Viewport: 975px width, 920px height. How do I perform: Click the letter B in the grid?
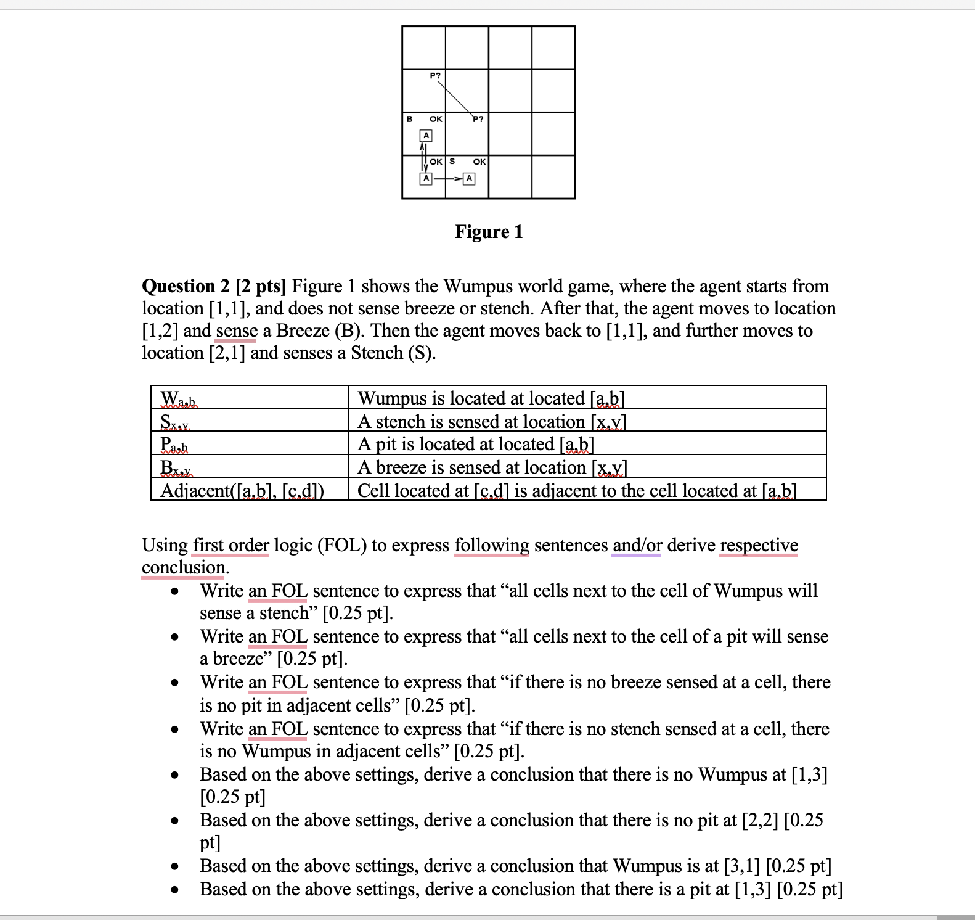point(409,119)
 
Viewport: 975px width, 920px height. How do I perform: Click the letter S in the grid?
point(452,162)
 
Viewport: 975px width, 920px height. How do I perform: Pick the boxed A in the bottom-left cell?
point(425,179)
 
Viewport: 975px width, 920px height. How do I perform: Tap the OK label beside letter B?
point(435,119)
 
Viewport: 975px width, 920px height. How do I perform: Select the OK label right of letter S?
point(479,162)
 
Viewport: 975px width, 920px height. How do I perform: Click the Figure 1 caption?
point(489,232)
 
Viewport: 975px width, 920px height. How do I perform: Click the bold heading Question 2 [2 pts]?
point(214,286)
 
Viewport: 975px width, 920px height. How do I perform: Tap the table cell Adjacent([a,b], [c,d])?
point(243,491)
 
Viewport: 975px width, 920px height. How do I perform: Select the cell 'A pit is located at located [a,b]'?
point(476,444)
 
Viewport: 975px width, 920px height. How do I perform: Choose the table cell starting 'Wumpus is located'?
point(491,398)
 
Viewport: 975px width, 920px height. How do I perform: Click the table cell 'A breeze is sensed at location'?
point(492,467)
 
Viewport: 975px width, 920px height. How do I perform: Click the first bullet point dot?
point(176,591)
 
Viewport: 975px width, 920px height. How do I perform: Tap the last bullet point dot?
point(176,890)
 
